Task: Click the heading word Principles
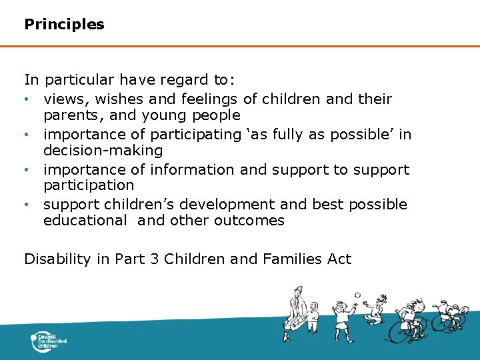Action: pyautogui.click(x=64, y=25)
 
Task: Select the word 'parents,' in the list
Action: pyautogui.click(x=70, y=115)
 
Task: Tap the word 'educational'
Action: pyautogui.click(x=85, y=221)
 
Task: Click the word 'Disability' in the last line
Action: pyautogui.click(x=57, y=259)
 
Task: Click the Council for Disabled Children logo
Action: pyautogui.click(x=49, y=343)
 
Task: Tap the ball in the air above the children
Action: pyautogui.click(x=357, y=295)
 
